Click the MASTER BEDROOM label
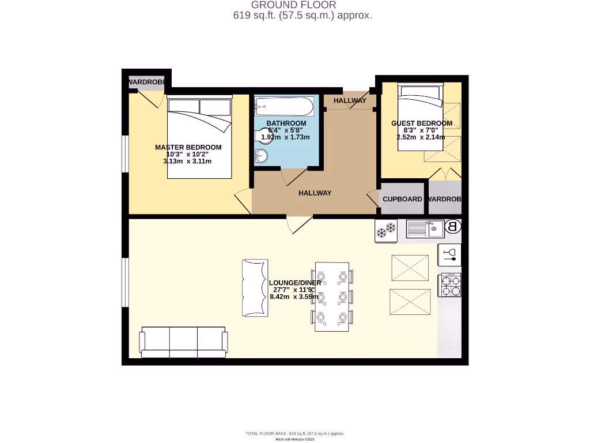click(x=188, y=147)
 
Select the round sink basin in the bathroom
click(x=261, y=156)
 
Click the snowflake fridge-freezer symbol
click(x=386, y=230)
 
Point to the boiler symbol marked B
click(x=453, y=227)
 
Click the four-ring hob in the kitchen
click(x=450, y=285)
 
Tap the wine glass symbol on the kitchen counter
click(x=450, y=254)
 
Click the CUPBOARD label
click(x=402, y=199)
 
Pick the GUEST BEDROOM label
click(x=422, y=123)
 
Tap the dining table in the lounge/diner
click(x=332, y=296)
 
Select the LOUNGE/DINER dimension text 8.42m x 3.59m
click(x=294, y=297)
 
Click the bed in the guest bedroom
click(x=419, y=117)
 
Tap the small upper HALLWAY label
click(x=350, y=100)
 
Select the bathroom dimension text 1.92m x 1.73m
click(x=285, y=137)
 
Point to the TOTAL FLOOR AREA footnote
click(x=294, y=433)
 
